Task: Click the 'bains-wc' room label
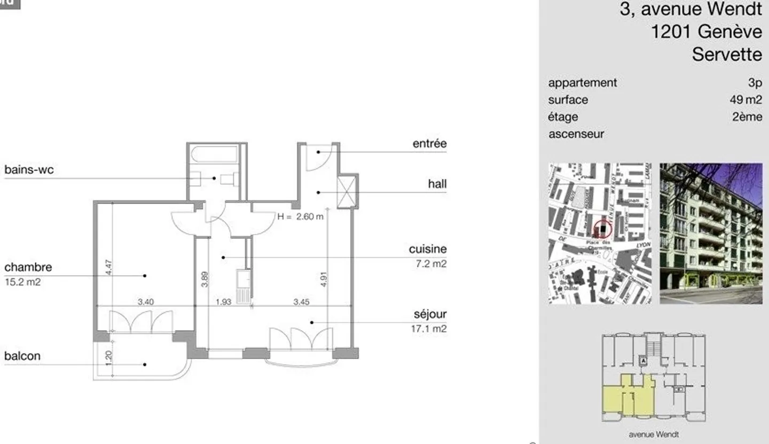(x=29, y=170)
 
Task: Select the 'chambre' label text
(x=28, y=267)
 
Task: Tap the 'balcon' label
(x=22, y=356)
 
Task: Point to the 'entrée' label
(x=429, y=144)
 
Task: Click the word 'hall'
(x=437, y=184)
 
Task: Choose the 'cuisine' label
(x=428, y=249)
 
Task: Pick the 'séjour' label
(x=429, y=314)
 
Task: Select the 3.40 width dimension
(x=146, y=302)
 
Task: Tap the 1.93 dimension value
(x=223, y=302)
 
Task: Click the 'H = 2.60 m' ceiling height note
(x=300, y=216)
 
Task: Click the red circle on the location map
(x=602, y=229)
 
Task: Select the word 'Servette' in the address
(x=727, y=54)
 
